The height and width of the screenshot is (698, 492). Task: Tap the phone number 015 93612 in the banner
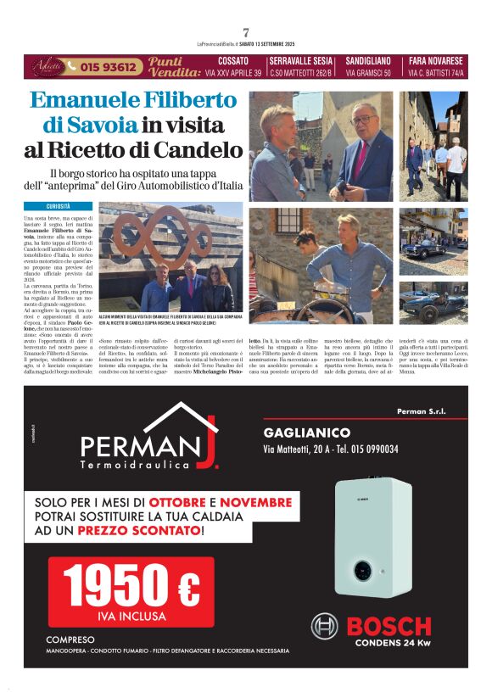click(106, 66)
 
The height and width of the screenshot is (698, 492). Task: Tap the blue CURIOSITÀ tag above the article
click(59, 206)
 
